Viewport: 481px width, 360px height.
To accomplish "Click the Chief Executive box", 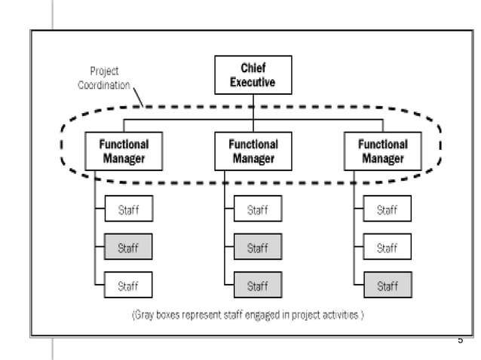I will coord(253,75).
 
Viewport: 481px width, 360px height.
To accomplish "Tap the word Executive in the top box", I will coord(253,82).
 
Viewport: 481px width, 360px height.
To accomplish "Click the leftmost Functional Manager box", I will coord(124,151).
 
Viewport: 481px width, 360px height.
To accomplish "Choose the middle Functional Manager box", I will coord(253,151).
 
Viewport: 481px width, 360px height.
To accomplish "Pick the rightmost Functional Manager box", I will coord(383,151).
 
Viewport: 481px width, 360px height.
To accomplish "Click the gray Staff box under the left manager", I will coord(128,247).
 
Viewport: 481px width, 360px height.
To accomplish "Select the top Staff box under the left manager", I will coord(128,209).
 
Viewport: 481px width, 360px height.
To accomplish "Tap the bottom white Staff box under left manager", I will coord(128,285).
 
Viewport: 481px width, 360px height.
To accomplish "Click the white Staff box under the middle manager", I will coord(258,209).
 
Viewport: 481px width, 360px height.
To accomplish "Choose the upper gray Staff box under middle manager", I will coord(258,247).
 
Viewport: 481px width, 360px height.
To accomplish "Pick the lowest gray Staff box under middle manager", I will coord(258,285).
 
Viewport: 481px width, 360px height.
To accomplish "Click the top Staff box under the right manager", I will coord(388,209).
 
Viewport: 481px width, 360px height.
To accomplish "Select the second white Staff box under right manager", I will coord(388,247).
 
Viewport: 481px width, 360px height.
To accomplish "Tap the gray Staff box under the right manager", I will coord(388,285).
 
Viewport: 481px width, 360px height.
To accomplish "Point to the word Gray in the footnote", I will coord(148,315).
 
